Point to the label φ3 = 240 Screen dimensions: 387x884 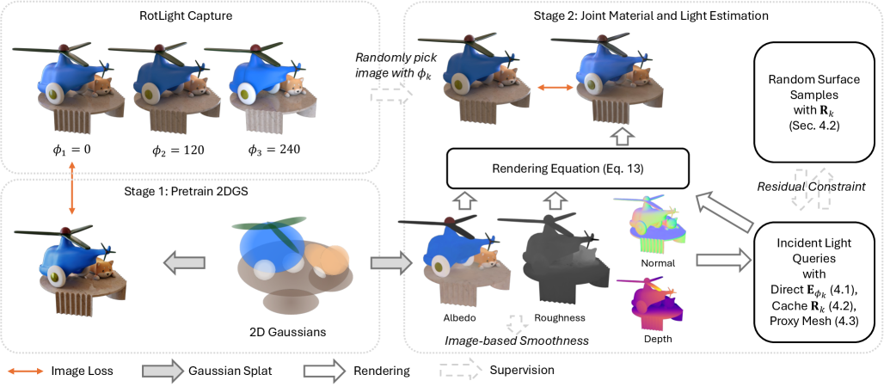click(x=271, y=148)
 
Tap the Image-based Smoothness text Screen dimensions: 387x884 click(x=516, y=341)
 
